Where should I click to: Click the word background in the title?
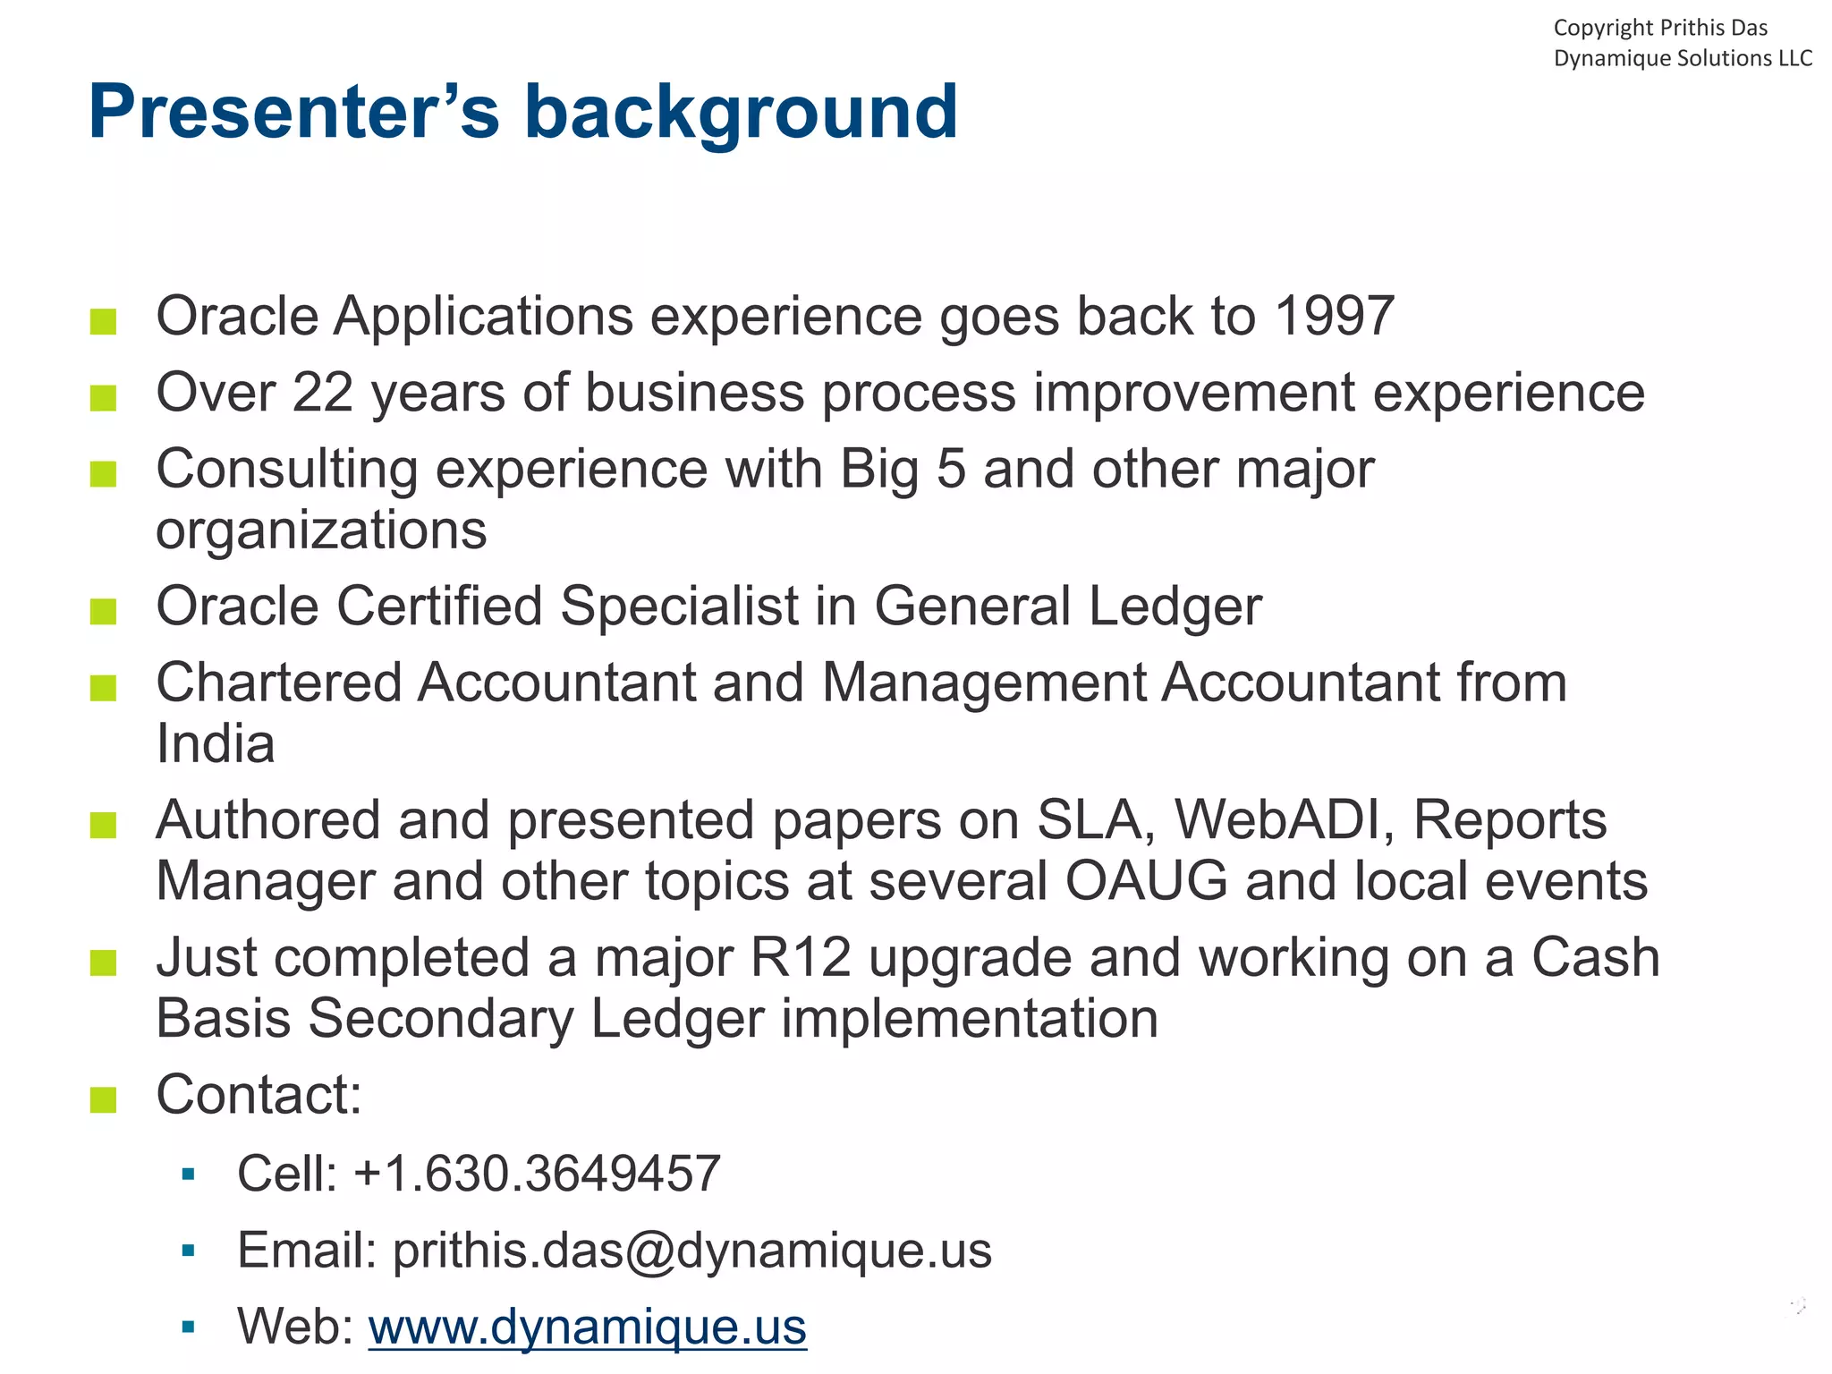(741, 112)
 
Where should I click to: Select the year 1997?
(1334, 316)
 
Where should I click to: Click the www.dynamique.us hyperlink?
(587, 1326)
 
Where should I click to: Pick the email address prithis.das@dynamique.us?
(691, 1250)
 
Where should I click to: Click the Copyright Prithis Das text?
(1659, 28)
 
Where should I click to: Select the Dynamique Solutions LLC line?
(1682, 58)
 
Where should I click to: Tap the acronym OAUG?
(1146, 881)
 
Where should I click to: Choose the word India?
(215, 743)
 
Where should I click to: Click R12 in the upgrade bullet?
(801, 957)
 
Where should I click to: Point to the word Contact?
(259, 1094)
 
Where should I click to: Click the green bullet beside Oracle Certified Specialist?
(104, 611)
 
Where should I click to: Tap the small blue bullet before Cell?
(188, 1174)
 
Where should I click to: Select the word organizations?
(321, 530)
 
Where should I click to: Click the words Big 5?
(903, 469)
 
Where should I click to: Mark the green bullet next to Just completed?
(104, 963)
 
